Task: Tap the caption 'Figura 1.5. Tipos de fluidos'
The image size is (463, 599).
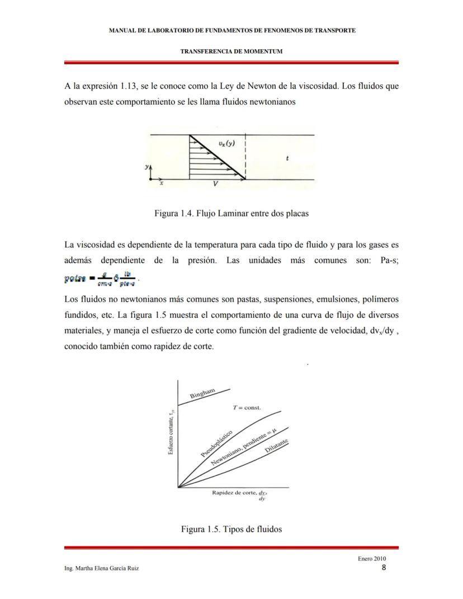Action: click(231, 529)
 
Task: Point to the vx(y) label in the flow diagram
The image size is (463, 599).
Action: click(226, 144)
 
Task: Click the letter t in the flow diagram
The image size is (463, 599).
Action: click(287, 158)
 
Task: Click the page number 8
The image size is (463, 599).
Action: click(384, 568)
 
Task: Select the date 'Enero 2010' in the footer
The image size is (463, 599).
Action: click(371, 559)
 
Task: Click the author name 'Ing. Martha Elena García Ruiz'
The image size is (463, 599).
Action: click(102, 568)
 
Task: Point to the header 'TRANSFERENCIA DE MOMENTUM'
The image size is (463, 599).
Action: click(231, 51)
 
